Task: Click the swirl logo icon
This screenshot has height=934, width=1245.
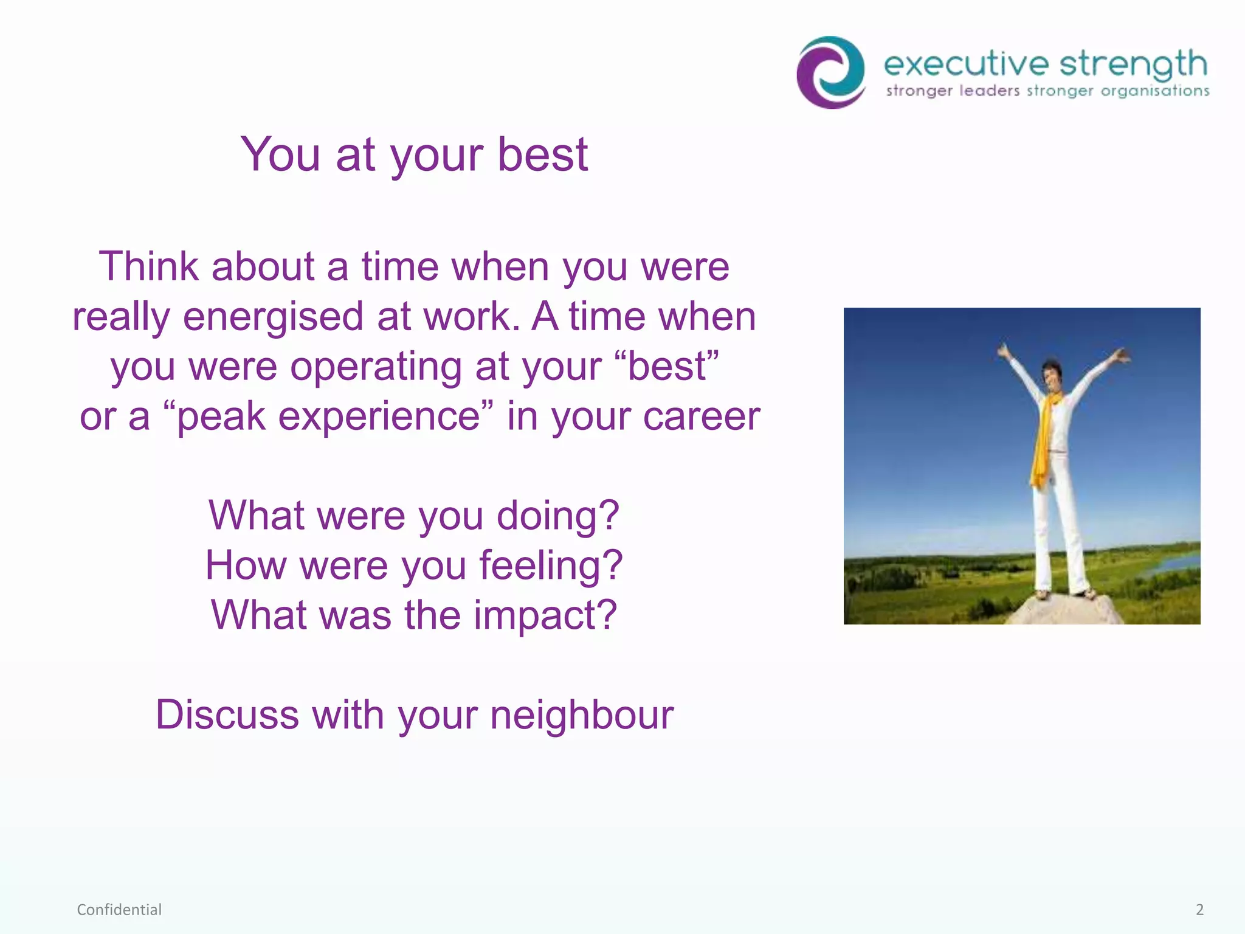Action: click(x=831, y=72)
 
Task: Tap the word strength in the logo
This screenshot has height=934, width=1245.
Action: click(x=1134, y=64)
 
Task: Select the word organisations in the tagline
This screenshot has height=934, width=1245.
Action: click(x=1155, y=91)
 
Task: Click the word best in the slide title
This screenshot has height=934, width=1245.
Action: click(x=543, y=154)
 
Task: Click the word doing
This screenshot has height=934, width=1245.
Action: click(x=557, y=516)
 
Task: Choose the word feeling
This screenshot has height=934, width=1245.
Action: click(x=550, y=566)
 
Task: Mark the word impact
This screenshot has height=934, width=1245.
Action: click(x=545, y=615)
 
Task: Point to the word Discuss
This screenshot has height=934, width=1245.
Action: click(x=227, y=714)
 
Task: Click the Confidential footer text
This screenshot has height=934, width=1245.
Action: click(x=119, y=910)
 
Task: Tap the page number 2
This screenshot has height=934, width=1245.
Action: click(x=1199, y=910)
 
